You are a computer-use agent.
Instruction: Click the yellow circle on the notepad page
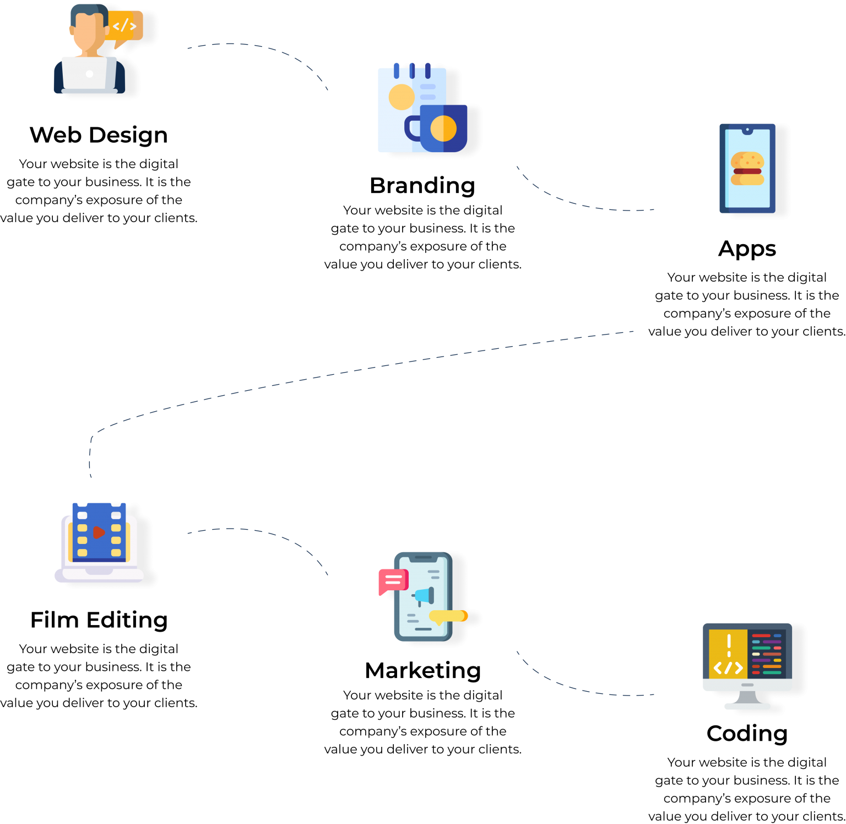click(402, 97)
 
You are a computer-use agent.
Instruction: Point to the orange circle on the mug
click(443, 128)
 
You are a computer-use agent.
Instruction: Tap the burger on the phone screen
click(747, 169)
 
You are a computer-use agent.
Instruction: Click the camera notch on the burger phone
click(747, 130)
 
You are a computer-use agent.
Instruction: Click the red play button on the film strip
click(99, 532)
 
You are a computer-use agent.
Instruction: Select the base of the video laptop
click(99, 575)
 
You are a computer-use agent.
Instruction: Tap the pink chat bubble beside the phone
click(393, 580)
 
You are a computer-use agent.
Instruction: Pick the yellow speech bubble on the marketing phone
click(448, 616)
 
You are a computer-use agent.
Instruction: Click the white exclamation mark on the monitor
click(729, 645)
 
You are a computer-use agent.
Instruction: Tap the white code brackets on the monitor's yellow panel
click(728, 668)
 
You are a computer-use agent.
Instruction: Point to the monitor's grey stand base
click(747, 705)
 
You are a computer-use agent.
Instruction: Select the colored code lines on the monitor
click(767, 654)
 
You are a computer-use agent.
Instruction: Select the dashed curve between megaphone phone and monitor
click(573, 687)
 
